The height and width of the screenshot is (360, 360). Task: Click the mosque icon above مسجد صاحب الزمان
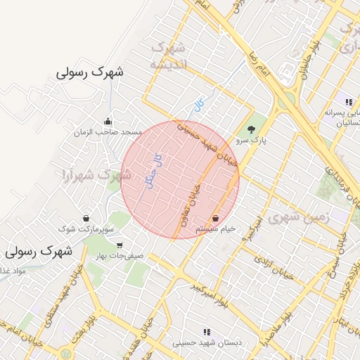[x=107, y=120]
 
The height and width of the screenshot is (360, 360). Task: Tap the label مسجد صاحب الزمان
[x=112, y=132]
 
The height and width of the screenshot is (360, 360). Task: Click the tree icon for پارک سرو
[x=251, y=129]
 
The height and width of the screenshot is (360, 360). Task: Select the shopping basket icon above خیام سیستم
[x=214, y=218]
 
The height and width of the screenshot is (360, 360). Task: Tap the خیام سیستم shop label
[x=215, y=229]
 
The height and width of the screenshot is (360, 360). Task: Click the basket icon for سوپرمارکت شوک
[x=86, y=218]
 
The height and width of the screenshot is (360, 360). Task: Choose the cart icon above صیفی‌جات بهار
[x=120, y=245]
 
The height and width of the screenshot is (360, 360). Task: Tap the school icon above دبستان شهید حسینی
[x=207, y=331]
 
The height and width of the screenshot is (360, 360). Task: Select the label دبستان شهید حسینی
[x=207, y=343]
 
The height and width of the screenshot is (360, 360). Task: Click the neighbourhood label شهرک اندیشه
[x=168, y=56]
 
